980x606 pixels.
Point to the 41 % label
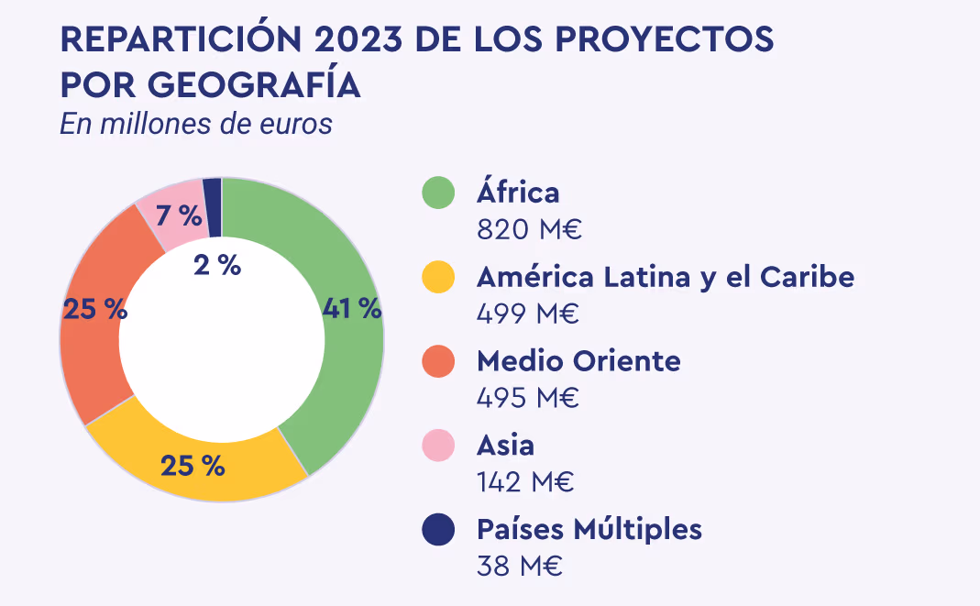(352, 309)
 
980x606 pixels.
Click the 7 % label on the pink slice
(178, 216)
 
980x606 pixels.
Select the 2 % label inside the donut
(217, 265)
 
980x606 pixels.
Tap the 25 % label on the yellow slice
(193, 466)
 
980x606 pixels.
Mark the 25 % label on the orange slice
(94, 310)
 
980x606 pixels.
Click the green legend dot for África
(438, 193)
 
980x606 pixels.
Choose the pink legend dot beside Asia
(438, 446)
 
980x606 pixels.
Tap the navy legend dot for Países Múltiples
(438, 530)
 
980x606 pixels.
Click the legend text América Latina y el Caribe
(665, 277)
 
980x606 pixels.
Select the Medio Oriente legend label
(578, 361)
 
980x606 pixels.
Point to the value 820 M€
(529, 229)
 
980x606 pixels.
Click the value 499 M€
(528, 314)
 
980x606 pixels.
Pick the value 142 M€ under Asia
(525, 482)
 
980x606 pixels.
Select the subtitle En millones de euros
(195, 124)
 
